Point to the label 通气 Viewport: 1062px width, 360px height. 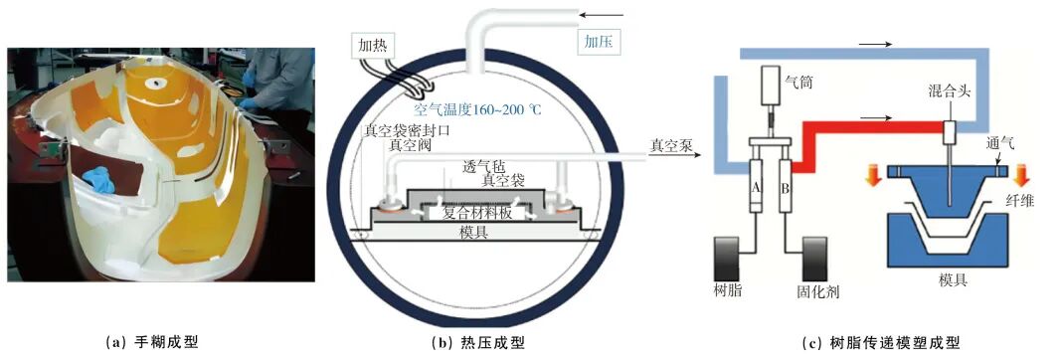tap(1000, 144)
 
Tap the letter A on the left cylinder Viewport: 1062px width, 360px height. tap(758, 187)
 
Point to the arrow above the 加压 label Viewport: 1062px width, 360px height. tap(599, 13)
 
